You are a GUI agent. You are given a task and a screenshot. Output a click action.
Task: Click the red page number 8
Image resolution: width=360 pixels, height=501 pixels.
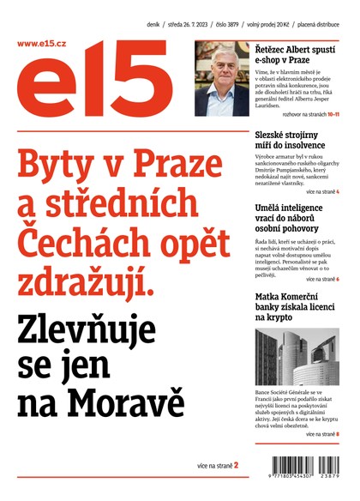click(338, 434)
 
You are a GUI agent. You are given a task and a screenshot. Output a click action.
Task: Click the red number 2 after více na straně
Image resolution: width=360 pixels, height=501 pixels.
click(236, 465)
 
